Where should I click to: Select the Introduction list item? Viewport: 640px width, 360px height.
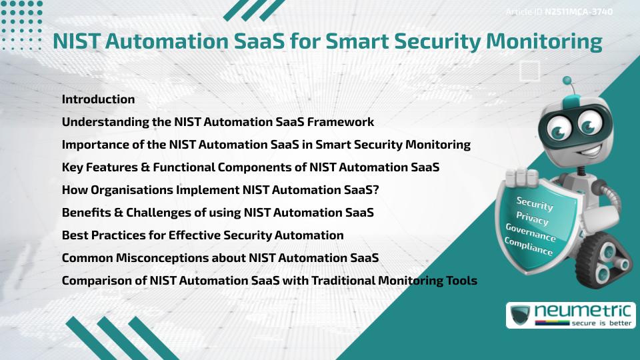pos(98,99)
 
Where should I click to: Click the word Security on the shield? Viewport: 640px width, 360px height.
pos(535,204)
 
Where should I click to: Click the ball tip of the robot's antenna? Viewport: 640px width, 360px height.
pos(567,81)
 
